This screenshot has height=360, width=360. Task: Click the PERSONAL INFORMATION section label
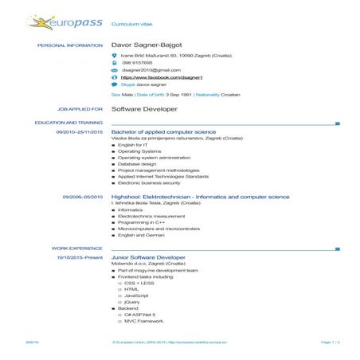tap(70, 45)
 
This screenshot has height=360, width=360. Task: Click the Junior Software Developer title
tap(149, 258)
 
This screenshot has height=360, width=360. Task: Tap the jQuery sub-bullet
tap(132, 302)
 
